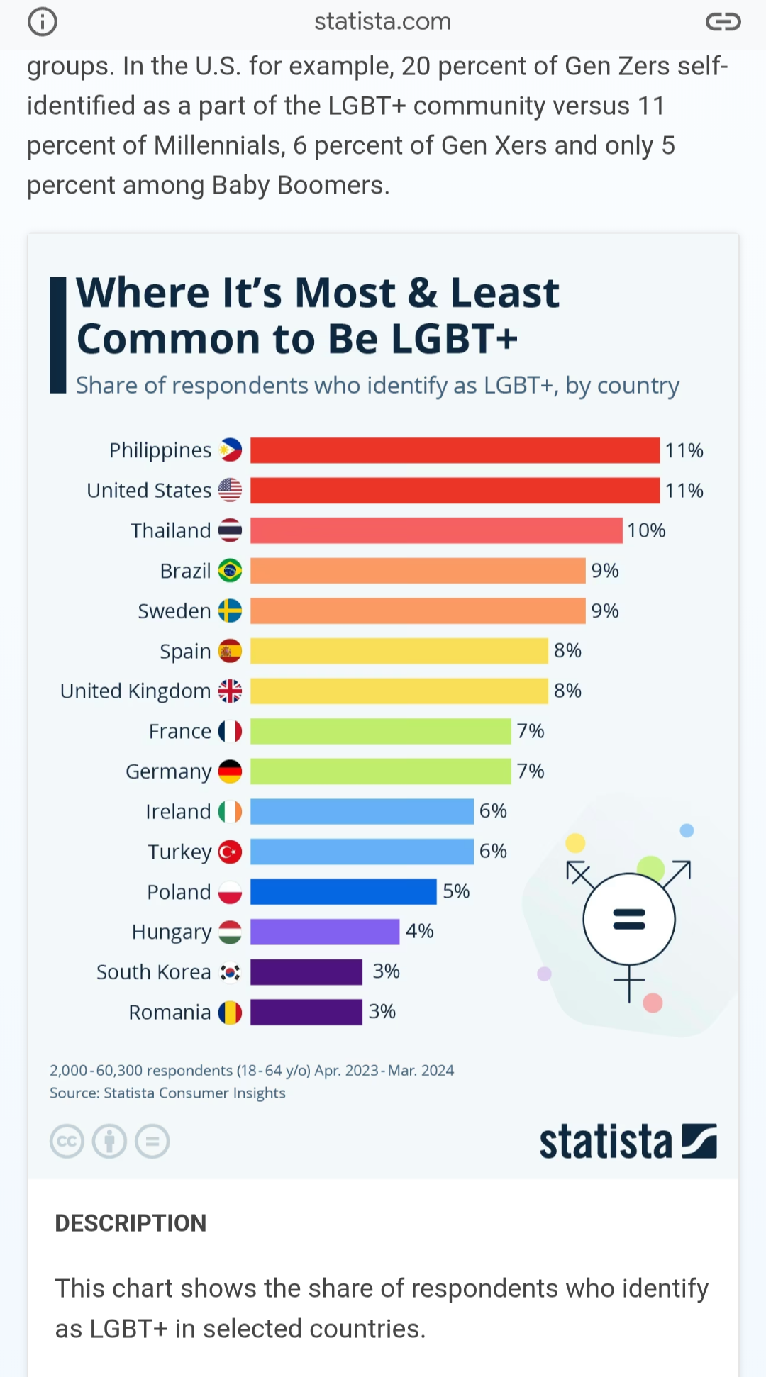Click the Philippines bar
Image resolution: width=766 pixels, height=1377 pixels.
point(455,450)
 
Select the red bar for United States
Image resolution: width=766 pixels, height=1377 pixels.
point(455,490)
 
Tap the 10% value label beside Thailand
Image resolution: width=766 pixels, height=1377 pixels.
point(646,530)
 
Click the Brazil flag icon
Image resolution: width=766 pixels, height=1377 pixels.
point(230,570)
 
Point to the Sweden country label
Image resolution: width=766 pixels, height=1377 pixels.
point(174,611)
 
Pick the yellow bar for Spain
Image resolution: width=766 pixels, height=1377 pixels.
point(399,651)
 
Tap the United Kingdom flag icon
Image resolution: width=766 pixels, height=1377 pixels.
point(230,691)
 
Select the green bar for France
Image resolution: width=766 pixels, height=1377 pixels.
point(380,731)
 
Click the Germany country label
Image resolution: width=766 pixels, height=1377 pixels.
point(169,771)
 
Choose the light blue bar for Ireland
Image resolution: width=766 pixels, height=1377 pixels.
point(362,811)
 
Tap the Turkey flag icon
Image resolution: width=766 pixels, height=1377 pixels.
point(230,852)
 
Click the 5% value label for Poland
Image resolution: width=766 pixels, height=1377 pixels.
point(456,891)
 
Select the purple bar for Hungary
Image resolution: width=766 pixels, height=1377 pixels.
point(325,932)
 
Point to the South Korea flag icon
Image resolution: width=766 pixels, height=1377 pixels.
point(230,972)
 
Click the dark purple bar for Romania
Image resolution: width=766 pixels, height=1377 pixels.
point(306,1012)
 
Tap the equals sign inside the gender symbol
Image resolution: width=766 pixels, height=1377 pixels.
point(629,919)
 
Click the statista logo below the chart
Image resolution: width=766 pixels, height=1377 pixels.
point(628,1142)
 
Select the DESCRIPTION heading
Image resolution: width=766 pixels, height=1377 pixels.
point(131,1223)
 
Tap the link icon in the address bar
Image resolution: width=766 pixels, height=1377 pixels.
point(723,22)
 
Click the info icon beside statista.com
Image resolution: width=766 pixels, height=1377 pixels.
point(43,22)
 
